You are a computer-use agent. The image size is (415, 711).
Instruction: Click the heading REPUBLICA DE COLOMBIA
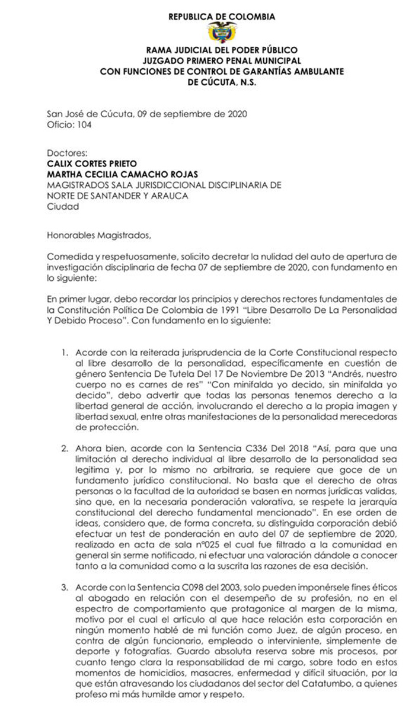[x=222, y=17]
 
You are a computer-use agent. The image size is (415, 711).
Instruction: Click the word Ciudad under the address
[x=63, y=207]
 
